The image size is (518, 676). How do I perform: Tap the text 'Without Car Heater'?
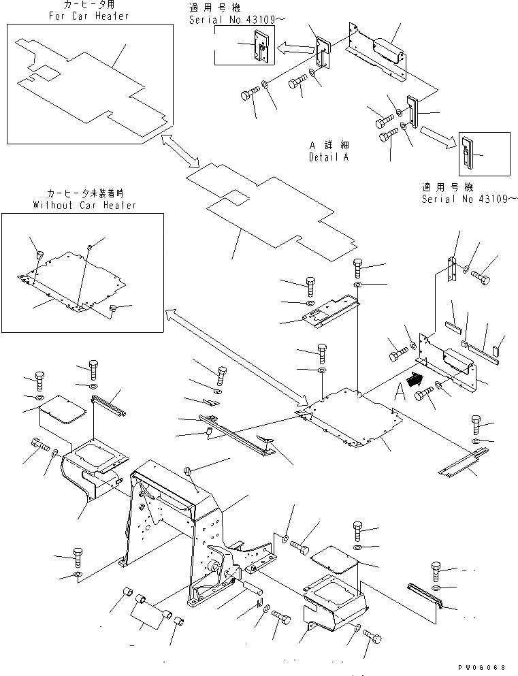[x=84, y=205]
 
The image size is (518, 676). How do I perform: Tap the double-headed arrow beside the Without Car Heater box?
[x=235, y=354]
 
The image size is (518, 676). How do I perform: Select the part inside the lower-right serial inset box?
[x=468, y=154]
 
